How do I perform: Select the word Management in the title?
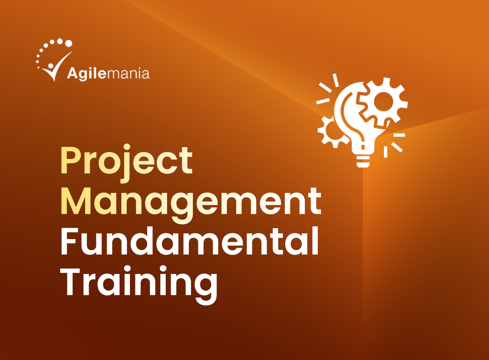point(191,203)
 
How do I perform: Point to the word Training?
point(139,282)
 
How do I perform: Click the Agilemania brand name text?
point(108,73)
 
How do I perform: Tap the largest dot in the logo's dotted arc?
point(68,43)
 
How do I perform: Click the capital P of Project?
point(71,161)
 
